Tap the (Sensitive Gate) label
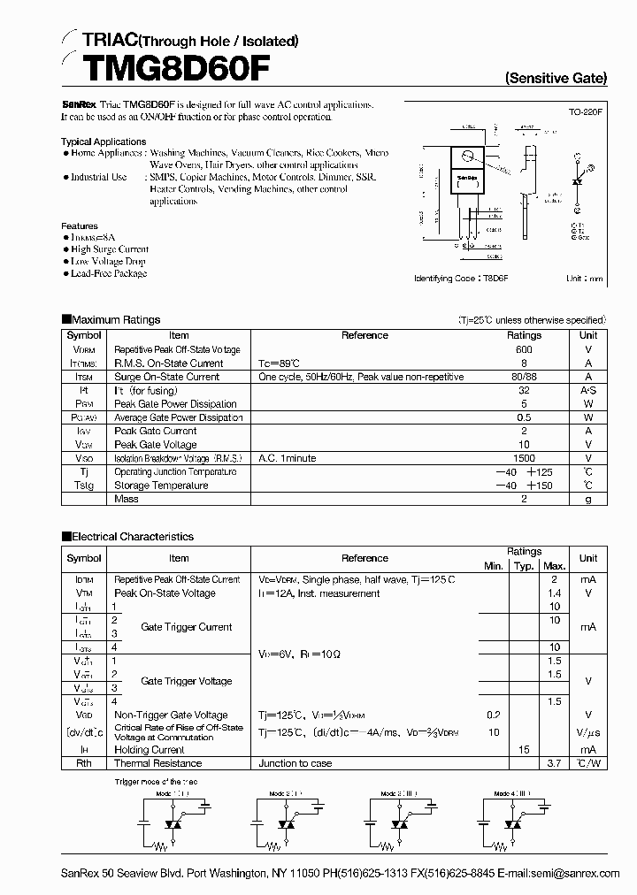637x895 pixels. click(556, 78)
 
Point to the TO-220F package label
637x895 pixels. click(584, 113)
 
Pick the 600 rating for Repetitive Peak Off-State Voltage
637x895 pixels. click(524, 349)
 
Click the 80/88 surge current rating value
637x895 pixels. click(524, 377)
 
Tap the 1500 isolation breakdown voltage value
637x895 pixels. click(524, 458)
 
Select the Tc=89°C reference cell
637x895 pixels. click(279, 363)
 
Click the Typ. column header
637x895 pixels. click(524, 566)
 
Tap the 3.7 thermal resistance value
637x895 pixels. click(555, 763)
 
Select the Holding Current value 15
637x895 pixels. click(524, 749)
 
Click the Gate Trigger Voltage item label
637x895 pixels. click(187, 681)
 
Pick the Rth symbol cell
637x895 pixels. click(84, 763)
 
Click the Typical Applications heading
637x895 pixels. click(104, 142)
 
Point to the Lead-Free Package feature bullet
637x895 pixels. click(107, 273)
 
